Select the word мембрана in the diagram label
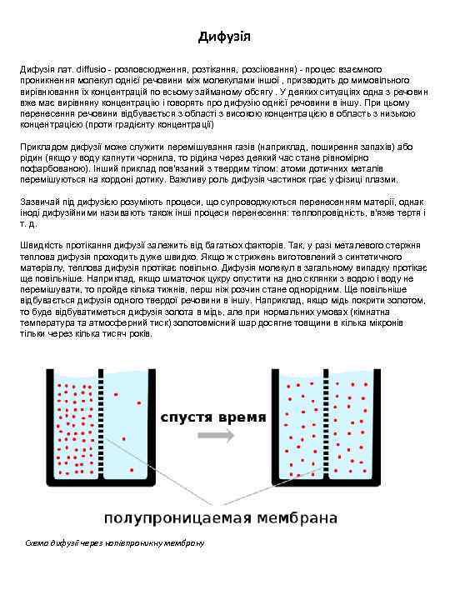[292, 517]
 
